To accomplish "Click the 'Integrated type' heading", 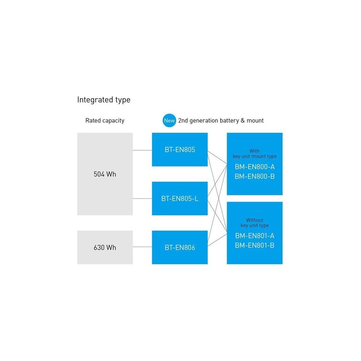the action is click(104, 100).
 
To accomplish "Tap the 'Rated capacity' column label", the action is click(105, 121).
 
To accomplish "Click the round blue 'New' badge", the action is click(169, 120).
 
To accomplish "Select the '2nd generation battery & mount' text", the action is click(221, 121).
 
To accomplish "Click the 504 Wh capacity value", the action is click(105, 174).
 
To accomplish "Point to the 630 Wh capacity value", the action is click(105, 247).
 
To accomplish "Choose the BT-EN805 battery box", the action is click(180, 149).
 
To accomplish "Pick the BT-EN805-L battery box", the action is click(180, 198).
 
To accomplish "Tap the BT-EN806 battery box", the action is click(180, 247).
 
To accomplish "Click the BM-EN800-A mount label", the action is click(255, 167).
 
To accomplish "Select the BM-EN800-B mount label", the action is click(255, 176).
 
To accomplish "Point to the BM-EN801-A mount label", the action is click(255, 236).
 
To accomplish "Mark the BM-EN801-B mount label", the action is click(255, 245).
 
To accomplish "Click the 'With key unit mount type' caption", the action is click(255, 154).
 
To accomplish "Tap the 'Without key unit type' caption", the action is click(255, 223).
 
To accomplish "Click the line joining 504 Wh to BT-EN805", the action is click(142, 150).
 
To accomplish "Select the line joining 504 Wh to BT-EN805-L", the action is click(142, 198).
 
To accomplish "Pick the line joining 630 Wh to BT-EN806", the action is click(142, 247).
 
